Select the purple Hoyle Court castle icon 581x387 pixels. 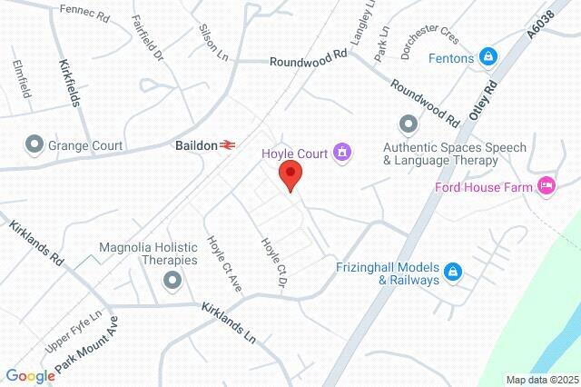341,150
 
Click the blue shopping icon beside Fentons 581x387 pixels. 488,58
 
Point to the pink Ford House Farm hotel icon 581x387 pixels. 546,186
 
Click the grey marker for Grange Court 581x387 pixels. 34,144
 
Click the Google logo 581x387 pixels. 30,376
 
